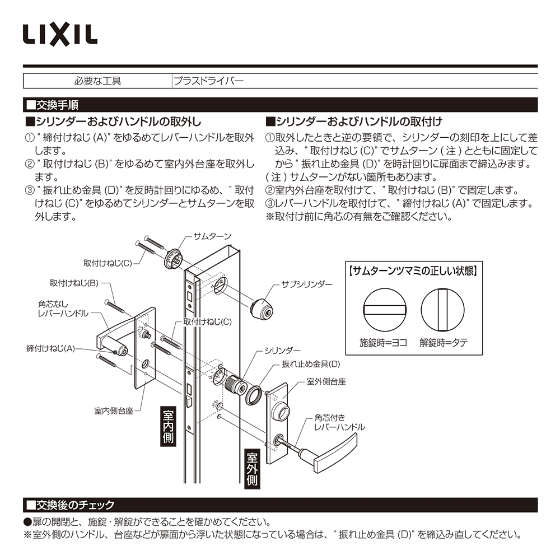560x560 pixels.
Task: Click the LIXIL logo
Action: coord(60,34)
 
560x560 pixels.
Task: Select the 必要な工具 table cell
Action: coord(97,81)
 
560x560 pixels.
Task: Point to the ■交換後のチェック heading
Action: coord(70,505)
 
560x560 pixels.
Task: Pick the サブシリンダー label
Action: coord(306,284)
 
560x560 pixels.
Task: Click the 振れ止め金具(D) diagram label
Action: coord(310,363)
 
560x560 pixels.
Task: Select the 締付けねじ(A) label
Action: coord(50,348)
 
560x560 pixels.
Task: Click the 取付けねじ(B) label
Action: coord(74,283)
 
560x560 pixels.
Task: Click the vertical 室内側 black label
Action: coord(169,426)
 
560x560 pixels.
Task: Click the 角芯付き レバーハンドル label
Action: coord(339,422)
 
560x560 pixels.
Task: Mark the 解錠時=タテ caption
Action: coord(444,342)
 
